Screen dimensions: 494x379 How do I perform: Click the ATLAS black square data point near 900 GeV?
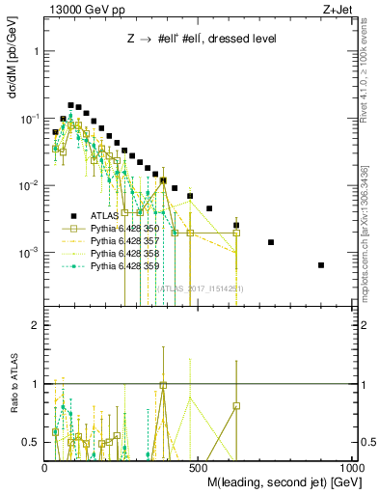(x=321, y=265)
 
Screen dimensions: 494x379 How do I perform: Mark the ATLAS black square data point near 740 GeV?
(x=271, y=242)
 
